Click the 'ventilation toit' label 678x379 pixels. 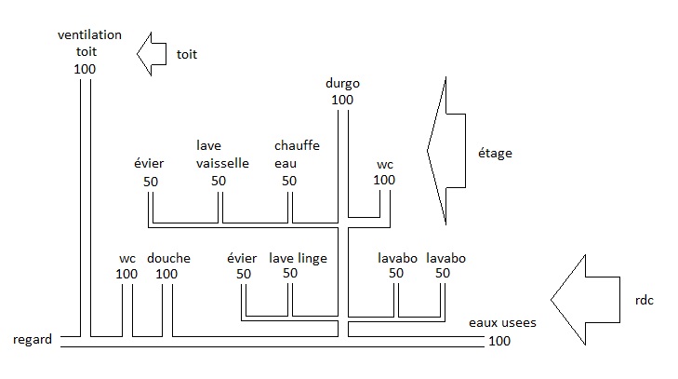click(89, 43)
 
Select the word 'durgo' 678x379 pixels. click(342, 83)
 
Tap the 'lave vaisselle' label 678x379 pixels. click(223, 154)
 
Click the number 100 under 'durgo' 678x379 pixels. click(342, 99)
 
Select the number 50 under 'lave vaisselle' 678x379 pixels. click(219, 180)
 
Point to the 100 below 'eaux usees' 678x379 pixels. click(499, 341)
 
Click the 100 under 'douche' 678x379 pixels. click(166, 274)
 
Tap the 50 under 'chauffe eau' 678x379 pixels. click(289, 180)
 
